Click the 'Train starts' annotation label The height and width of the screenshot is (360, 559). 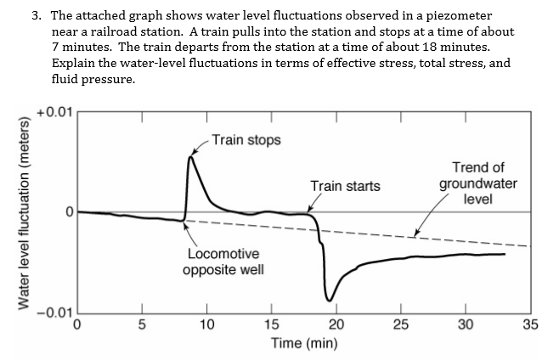pyautogui.click(x=345, y=186)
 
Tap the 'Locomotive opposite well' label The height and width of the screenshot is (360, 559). pyautogui.click(x=223, y=262)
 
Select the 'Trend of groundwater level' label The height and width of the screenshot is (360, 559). pyautogui.click(x=477, y=183)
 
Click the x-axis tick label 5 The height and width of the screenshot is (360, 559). pyautogui.click(x=142, y=324)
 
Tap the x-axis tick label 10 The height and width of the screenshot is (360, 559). pyautogui.click(x=206, y=324)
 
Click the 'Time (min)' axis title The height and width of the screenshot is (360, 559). pyautogui.click(x=303, y=344)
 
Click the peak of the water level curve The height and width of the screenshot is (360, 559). pyautogui.click(x=191, y=157)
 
